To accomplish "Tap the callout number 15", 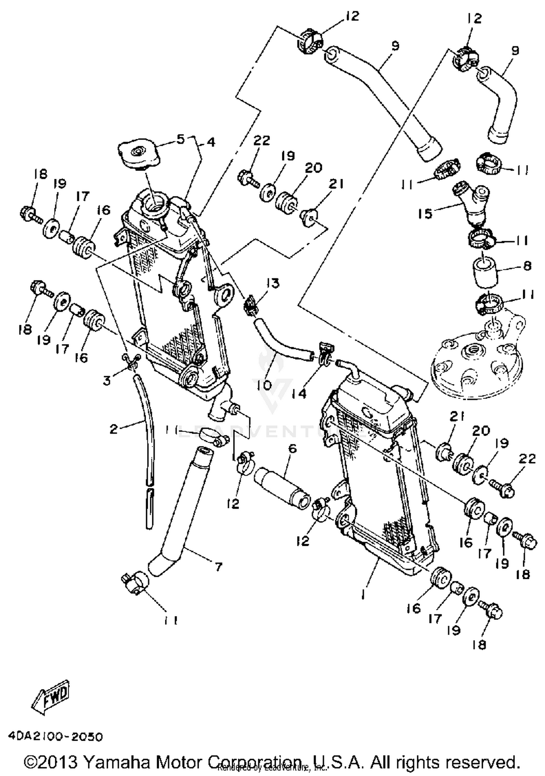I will tap(425, 213).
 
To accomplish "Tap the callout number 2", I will tap(114, 429).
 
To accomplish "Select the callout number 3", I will tap(106, 381).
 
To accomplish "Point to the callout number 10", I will tap(266, 385).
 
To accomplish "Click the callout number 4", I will tap(211, 142).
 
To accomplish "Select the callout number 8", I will tap(527, 266).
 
